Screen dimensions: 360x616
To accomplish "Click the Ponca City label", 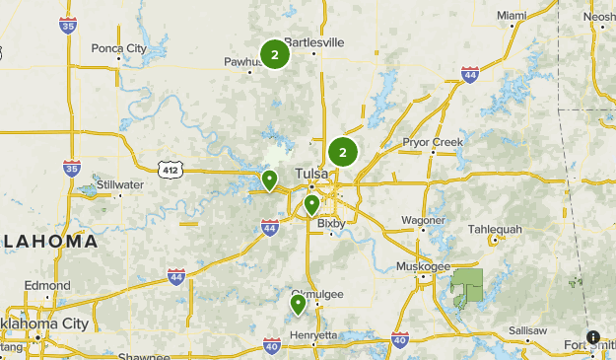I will (118, 46).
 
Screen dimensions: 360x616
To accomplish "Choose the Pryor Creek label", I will (432, 142).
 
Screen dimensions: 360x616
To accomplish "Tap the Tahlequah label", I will (494, 229).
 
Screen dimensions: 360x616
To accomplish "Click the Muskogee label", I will (423, 266).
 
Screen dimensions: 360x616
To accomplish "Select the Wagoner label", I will (425, 219).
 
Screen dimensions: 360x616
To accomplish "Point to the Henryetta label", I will (313, 335).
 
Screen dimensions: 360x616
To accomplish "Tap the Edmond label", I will (48, 285).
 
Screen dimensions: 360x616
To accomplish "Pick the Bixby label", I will (331, 224).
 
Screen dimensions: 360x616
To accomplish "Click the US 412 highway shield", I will (172, 170).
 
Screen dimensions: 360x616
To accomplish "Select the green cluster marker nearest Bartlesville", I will (274, 55).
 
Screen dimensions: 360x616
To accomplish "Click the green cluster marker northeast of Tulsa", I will (343, 152).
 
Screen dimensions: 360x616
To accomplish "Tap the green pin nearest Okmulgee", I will (298, 304).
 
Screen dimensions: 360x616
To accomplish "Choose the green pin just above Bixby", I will (311, 204).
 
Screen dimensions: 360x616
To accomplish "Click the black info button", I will (594, 337).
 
